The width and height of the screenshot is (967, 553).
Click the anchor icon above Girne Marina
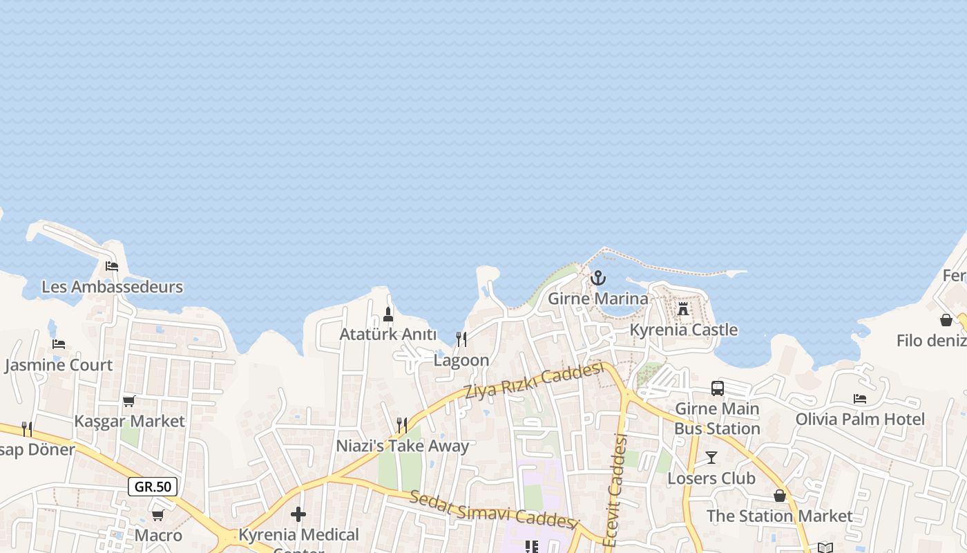(598, 278)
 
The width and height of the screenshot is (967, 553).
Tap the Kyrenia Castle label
(683, 330)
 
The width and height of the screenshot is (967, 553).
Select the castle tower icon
(683, 308)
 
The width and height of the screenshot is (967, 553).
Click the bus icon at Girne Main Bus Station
(718, 388)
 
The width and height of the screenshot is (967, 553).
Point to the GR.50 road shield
(153, 487)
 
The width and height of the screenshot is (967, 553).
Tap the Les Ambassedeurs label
(113, 287)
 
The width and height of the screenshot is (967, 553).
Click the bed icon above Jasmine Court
(59, 344)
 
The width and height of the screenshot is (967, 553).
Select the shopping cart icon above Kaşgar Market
(129, 401)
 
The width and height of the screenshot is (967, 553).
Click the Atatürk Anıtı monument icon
(388, 315)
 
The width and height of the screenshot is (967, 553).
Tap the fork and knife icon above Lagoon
(461, 339)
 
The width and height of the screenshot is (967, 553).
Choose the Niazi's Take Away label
(402, 446)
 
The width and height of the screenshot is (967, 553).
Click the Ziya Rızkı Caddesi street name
(534, 381)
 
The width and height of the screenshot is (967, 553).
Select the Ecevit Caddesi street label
(615, 490)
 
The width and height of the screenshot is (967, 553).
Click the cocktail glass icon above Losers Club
(711, 458)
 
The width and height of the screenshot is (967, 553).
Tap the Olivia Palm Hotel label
(860, 419)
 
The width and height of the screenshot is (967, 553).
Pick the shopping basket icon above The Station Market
(780, 496)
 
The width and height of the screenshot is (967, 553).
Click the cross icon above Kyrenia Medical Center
(298, 514)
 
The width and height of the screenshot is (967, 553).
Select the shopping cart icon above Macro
(158, 515)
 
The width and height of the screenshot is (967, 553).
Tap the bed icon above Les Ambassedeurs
(112, 266)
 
